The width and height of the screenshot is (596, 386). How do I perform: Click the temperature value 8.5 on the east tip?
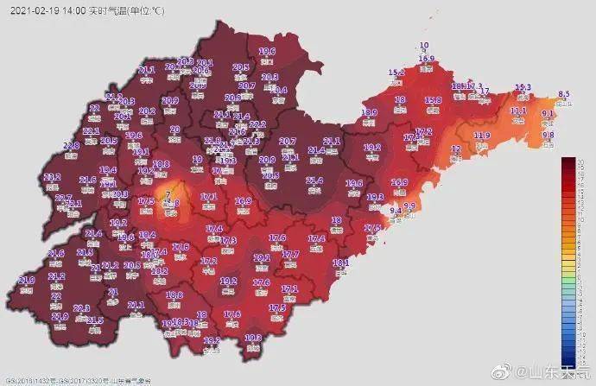point(564,93)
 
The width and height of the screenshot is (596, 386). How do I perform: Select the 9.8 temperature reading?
point(548,135)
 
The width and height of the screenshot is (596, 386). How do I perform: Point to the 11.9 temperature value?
point(482,136)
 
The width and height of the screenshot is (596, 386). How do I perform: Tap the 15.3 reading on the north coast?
point(523,87)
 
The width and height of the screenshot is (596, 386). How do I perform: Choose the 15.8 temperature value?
point(434,100)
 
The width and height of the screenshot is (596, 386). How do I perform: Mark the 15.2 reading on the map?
point(396,73)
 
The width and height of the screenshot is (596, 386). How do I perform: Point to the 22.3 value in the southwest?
point(82,307)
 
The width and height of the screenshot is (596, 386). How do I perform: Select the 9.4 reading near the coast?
point(396,211)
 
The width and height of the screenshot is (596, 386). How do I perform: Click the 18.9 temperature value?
point(161,163)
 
